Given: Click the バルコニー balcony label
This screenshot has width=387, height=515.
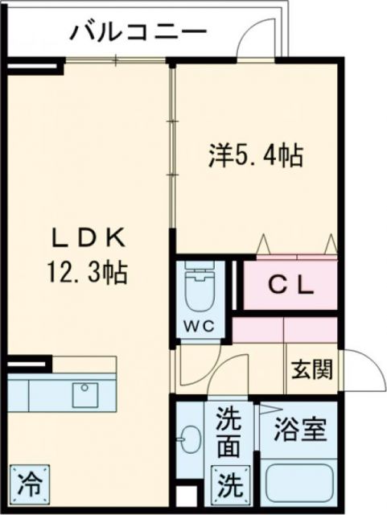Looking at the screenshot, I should [x=138, y=33].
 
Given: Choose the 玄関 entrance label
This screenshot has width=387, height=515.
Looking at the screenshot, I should [x=311, y=371].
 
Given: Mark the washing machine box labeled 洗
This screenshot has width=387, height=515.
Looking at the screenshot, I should [x=230, y=484].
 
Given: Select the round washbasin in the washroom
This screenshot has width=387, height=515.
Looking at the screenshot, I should [x=190, y=440].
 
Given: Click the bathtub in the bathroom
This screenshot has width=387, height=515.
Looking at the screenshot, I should [x=299, y=482].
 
